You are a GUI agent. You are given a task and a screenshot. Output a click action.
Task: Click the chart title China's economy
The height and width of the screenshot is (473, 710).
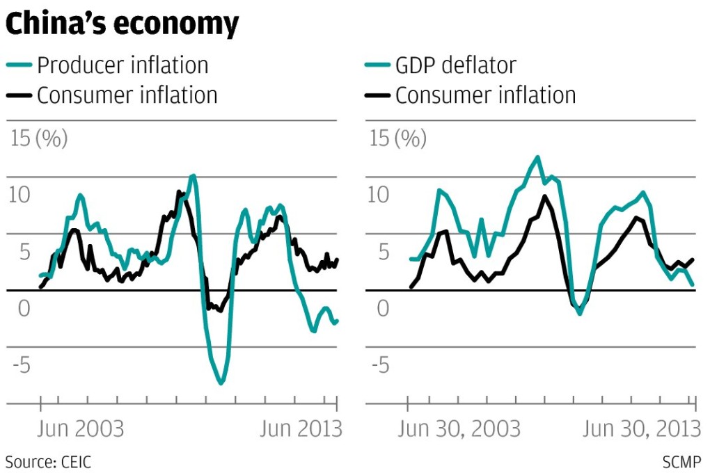pos(122,24)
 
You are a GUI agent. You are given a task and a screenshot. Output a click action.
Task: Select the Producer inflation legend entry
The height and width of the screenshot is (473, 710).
pos(122,65)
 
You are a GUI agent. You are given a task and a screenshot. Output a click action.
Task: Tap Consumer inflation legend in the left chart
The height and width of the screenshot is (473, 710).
pos(127,95)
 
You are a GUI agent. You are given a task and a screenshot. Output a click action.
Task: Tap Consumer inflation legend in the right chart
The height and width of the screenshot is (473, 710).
pos(485,95)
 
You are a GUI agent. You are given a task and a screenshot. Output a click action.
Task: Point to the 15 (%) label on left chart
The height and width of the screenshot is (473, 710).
pos(39,138)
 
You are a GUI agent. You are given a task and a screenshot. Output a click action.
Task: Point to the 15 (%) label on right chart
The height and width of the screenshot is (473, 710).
pos(397,138)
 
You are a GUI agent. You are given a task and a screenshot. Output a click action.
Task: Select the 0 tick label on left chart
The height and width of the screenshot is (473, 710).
pos(24,308)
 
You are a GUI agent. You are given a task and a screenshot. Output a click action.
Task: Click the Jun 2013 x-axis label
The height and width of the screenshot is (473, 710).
pos(301,428)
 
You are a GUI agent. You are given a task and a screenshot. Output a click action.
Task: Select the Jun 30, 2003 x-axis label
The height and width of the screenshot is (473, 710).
pos(459,428)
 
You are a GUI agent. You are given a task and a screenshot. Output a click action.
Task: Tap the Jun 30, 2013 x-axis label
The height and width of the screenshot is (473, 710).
pos(641,428)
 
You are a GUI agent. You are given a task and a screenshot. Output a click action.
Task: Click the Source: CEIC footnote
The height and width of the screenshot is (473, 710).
pos(48,461)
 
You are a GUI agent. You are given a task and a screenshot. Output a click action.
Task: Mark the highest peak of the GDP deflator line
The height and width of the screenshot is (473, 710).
pos(537,157)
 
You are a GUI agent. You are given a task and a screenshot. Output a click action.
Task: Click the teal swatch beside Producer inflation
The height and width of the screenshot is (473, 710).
pos(19,65)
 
